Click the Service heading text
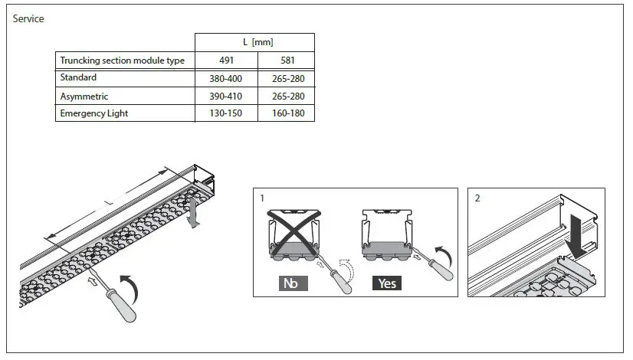pos(28,18)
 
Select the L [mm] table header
pos(254,42)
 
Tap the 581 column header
pos(286,61)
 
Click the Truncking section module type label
pos(122,61)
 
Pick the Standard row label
pos(79,78)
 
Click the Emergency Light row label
pos(93,113)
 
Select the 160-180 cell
pos(286,114)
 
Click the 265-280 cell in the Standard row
pos(286,79)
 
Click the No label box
pos(290,283)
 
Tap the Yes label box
pos(388,283)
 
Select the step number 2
pos(477,198)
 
